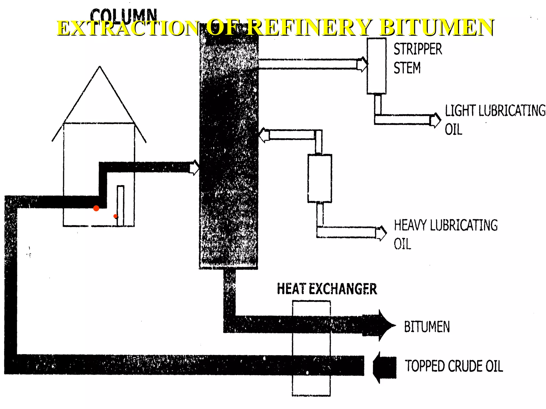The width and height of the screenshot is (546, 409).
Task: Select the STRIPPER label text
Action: click(x=418, y=49)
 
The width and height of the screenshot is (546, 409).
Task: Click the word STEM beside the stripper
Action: click(x=407, y=68)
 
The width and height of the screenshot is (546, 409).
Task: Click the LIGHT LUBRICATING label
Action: click(x=495, y=111)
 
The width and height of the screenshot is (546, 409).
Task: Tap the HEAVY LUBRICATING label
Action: click(x=446, y=225)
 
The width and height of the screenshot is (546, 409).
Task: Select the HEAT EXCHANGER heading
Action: click(x=327, y=289)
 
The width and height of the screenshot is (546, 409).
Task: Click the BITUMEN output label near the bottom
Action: click(x=427, y=327)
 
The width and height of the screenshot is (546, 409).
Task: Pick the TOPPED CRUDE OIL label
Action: click(x=454, y=366)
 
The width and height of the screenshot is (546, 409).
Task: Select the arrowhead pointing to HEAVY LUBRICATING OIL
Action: click(x=382, y=233)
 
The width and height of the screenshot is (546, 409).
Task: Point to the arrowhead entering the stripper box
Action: click(x=363, y=64)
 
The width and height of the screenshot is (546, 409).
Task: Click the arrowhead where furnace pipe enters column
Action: click(x=195, y=167)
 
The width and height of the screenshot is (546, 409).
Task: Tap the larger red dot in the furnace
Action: click(x=96, y=208)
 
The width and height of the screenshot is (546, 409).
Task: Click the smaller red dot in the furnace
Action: click(x=115, y=216)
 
